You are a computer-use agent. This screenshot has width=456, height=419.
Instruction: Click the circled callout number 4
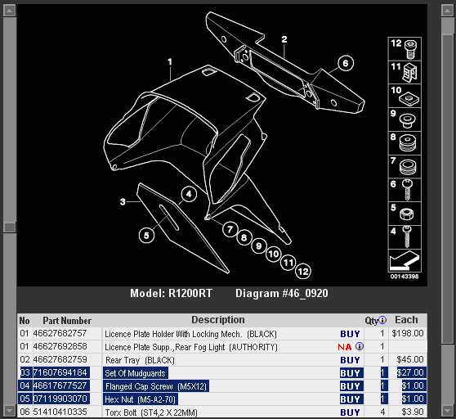189,194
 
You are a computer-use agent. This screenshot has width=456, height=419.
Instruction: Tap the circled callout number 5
146,235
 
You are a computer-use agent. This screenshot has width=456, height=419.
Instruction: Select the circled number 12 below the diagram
302,272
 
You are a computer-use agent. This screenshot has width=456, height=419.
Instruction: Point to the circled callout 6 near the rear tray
346,63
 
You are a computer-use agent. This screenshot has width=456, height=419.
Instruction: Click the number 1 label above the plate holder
170,62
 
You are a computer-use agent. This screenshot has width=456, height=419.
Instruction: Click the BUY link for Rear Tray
350,360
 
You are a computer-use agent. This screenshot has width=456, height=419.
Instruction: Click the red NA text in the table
345,347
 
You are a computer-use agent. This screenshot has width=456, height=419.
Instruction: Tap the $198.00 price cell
408,333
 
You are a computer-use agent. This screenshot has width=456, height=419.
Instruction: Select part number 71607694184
60,372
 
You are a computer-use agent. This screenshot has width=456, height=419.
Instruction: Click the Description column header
218,320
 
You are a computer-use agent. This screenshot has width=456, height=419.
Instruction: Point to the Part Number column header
67,321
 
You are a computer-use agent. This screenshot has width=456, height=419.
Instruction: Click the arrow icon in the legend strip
405,260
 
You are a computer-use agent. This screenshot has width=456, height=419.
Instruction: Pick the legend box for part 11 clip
405,72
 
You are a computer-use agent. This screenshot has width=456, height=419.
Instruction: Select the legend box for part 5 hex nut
405,214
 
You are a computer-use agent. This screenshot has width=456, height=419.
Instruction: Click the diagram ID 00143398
405,277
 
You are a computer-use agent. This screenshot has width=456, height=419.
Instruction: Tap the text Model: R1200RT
171,293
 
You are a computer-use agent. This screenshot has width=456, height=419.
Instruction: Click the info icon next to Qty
382,320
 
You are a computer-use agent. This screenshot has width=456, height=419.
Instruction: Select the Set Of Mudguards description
135,373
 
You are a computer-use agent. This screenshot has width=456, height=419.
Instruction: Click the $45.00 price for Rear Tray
410,359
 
